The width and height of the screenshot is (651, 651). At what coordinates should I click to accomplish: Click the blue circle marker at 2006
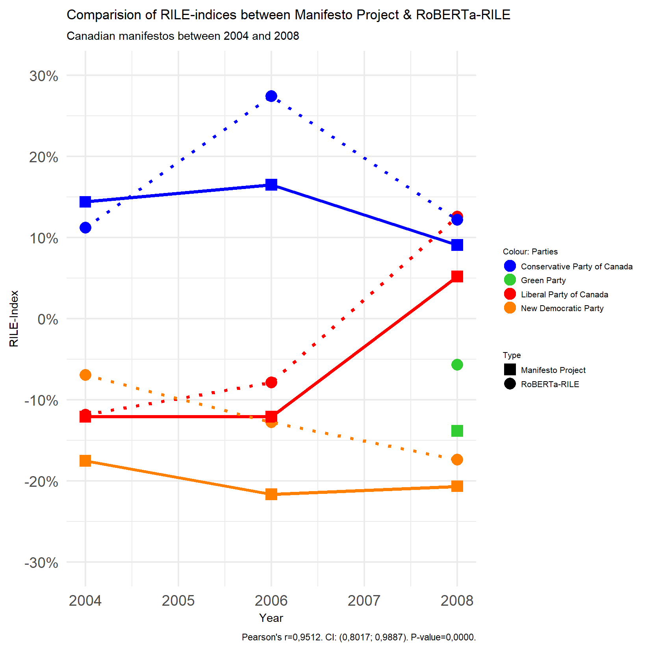click(271, 96)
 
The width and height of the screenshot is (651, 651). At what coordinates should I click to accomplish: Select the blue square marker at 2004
click(85, 202)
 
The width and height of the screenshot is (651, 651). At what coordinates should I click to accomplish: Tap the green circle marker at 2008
click(457, 365)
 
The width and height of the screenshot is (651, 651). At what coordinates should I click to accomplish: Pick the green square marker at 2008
click(457, 431)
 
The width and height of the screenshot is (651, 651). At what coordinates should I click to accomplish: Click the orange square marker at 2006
click(271, 494)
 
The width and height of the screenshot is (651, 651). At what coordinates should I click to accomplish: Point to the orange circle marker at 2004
click(85, 375)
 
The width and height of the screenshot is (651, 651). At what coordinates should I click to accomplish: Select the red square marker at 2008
click(457, 276)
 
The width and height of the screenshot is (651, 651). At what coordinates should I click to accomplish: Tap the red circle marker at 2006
click(271, 382)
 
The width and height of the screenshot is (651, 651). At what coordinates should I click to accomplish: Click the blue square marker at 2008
click(457, 245)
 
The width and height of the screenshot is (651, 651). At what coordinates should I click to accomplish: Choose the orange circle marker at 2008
click(457, 460)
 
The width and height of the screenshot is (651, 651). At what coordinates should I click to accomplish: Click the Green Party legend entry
click(543, 280)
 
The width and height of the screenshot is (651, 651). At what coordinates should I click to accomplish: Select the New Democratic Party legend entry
click(562, 308)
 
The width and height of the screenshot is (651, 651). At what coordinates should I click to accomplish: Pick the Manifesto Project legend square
click(510, 370)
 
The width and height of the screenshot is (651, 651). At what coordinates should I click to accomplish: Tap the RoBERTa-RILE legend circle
click(510, 384)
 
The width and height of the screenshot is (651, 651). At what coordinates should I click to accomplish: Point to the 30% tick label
click(43, 76)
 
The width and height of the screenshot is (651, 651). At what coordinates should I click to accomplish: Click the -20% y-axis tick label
click(41, 482)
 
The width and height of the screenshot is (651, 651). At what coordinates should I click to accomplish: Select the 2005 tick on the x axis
click(178, 601)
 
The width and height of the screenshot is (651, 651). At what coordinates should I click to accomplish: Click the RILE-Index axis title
click(14, 319)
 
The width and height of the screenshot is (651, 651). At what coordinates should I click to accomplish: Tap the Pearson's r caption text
click(358, 637)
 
